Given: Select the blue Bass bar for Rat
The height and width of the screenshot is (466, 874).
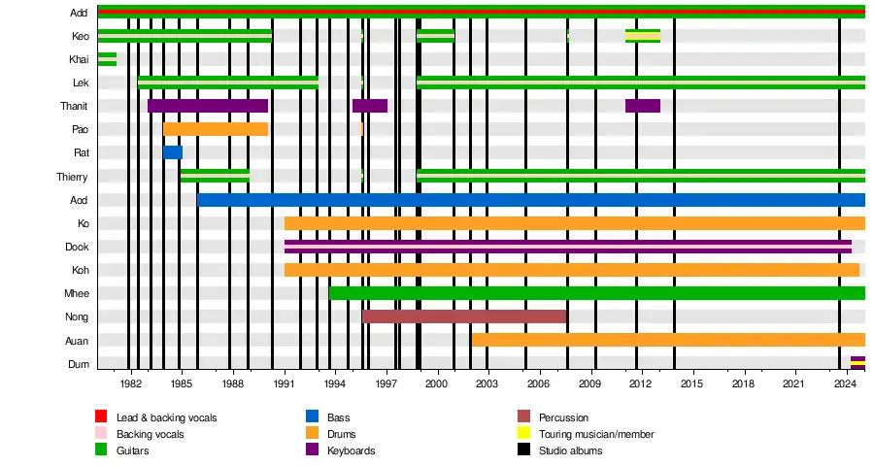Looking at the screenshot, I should point(173,152).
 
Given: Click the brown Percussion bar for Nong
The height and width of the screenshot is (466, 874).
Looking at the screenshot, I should point(464,316).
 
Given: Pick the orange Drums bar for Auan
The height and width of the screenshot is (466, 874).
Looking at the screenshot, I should point(668,340).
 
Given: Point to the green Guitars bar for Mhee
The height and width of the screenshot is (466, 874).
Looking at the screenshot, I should point(596,293).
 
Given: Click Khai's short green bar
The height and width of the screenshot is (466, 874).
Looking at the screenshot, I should point(107,59).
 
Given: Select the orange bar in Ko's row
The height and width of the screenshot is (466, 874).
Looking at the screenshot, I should point(574,223).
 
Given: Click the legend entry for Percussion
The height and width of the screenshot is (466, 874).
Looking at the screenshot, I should point(563,417).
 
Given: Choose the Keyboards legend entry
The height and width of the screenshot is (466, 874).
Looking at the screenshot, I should point(351,450).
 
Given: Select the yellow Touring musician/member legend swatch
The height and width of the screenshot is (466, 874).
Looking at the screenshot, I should point(522,434).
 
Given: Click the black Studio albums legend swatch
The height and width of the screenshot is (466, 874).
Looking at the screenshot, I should point(522,450).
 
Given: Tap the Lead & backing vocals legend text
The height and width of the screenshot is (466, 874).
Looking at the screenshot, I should point(166,417).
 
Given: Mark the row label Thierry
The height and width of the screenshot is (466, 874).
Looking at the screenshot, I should point(72,177).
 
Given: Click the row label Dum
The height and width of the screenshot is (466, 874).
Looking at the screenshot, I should point(80,364).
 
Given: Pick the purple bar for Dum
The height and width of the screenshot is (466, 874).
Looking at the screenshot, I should point(857,363).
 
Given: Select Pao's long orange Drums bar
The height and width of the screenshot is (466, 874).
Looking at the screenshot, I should point(216,129).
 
